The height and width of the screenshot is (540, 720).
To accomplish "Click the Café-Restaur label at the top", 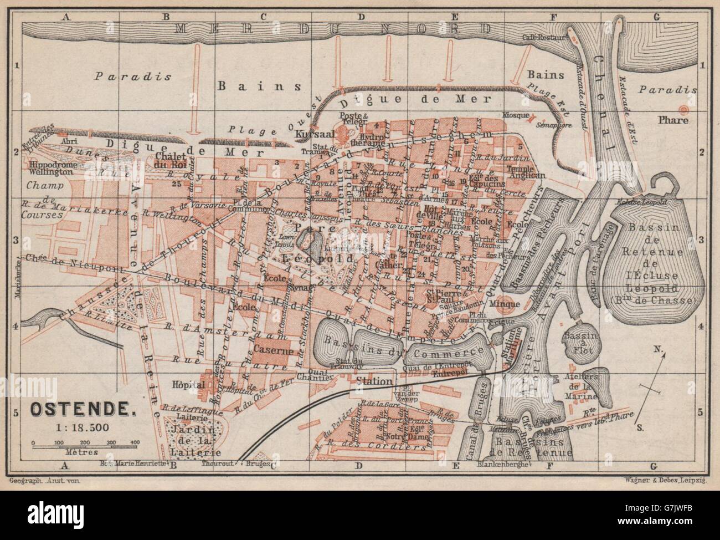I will pos(546,38).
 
